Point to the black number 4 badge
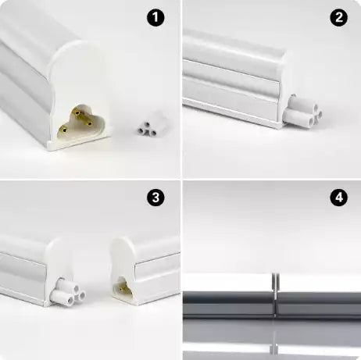click(x=339, y=198)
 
